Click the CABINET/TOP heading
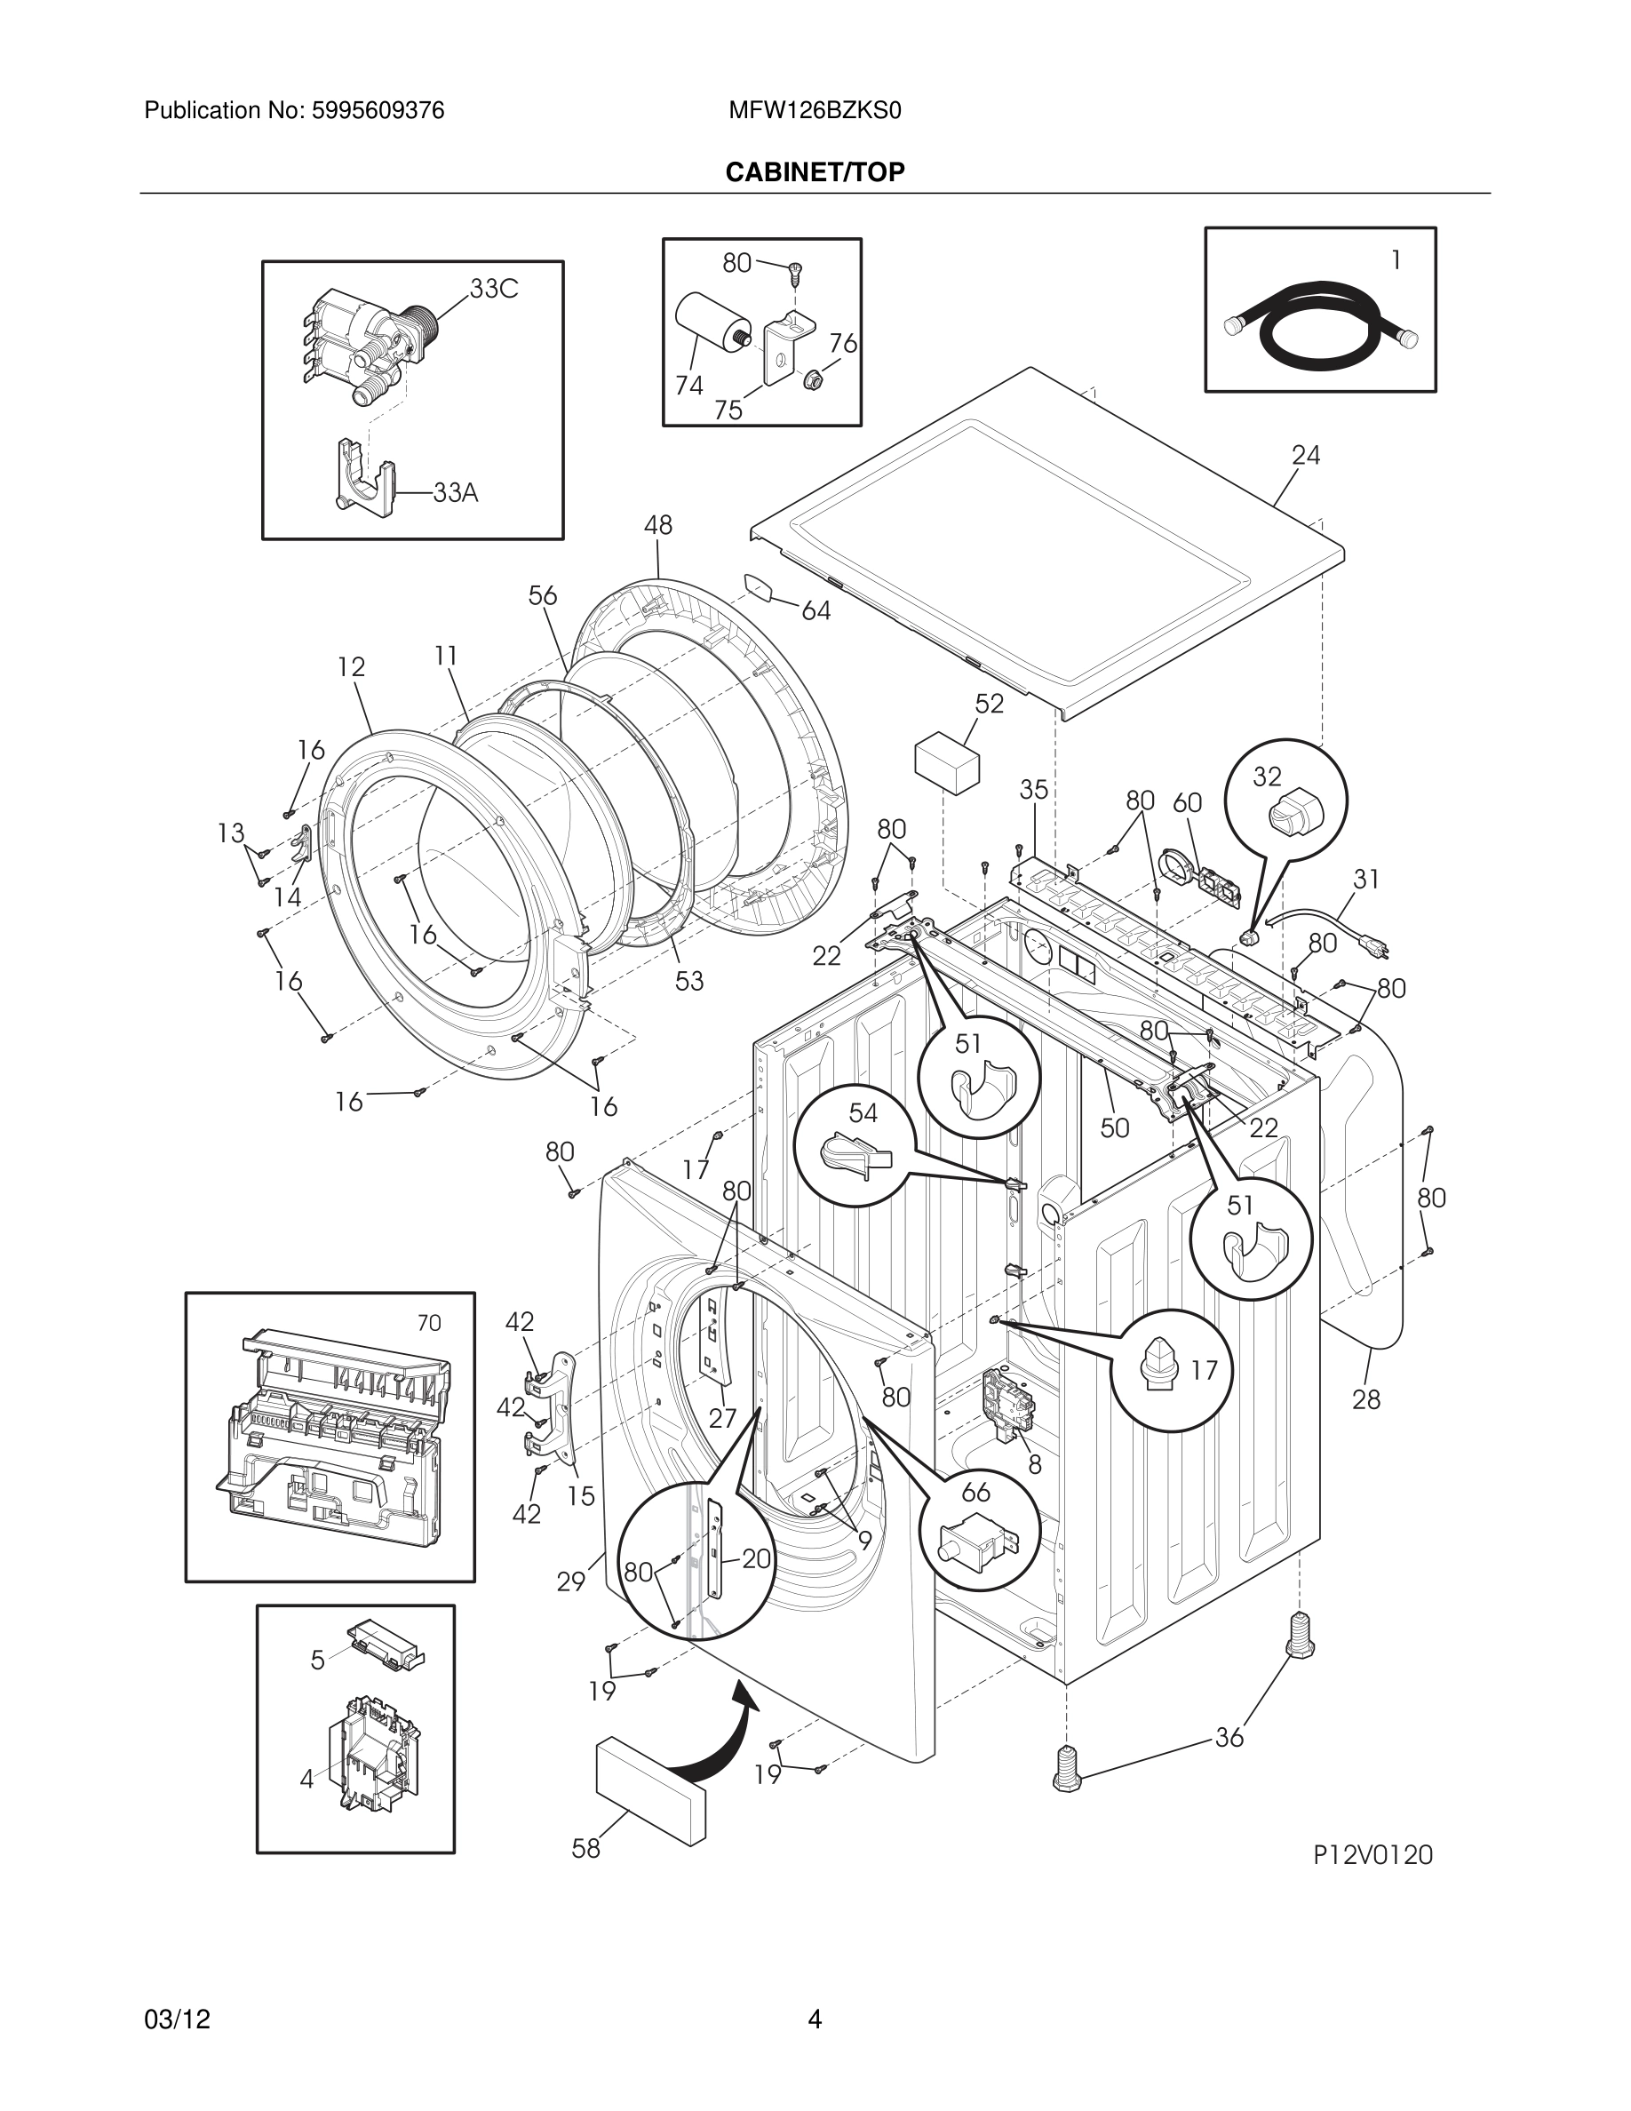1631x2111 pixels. click(x=815, y=172)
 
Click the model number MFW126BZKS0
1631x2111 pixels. click(x=815, y=111)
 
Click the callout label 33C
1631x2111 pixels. click(x=494, y=288)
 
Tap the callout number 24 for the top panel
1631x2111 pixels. click(x=1305, y=454)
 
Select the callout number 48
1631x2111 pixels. click(x=658, y=525)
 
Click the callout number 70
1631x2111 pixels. click(x=429, y=1322)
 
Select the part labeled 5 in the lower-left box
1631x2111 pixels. click(x=386, y=1645)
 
